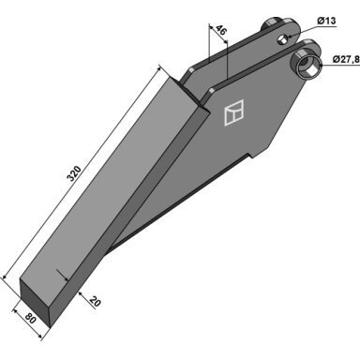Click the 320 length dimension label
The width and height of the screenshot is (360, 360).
tap(75, 173)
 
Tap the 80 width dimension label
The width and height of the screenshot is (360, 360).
tap(30, 319)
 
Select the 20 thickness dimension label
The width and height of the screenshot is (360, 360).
tap(95, 302)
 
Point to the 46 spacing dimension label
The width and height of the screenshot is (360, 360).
tap(220, 31)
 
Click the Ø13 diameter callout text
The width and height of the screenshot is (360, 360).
tap(326, 21)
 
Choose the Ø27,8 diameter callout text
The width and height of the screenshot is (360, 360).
tap(346, 59)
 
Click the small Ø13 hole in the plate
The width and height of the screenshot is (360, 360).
tap(283, 39)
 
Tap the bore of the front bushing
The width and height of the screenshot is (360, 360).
tap(308, 67)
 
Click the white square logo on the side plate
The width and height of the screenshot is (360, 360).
tap(233, 112)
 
